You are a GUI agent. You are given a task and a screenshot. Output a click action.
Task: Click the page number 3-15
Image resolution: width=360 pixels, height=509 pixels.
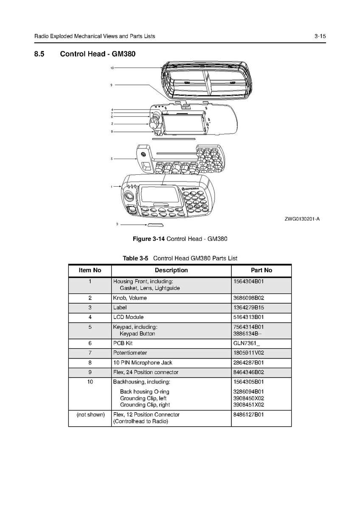pos(320,36)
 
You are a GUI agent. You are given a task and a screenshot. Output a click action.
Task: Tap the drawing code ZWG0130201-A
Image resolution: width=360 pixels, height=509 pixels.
pos(302,219)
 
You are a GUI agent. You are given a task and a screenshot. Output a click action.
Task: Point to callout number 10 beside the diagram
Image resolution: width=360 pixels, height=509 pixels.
pos(112,68)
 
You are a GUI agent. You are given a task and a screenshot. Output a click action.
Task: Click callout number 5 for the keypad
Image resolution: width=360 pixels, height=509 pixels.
pos(112,159)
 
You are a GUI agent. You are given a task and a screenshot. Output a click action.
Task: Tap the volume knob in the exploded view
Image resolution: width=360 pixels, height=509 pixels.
pos(154,123)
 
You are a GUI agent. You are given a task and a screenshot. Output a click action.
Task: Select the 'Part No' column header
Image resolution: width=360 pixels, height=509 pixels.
pos(261,270)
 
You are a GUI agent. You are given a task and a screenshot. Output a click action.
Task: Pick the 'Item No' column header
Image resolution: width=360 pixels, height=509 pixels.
pos(90,270)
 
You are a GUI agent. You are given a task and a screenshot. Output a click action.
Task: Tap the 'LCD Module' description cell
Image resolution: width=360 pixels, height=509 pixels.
pos(128,317)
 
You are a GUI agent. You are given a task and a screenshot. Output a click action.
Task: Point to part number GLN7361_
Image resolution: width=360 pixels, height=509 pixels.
pos(247,344)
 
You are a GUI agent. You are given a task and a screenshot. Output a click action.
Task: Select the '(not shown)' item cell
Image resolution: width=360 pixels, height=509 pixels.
pos(90,414)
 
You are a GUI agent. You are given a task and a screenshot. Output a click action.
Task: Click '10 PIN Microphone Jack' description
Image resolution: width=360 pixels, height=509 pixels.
pos(143,363)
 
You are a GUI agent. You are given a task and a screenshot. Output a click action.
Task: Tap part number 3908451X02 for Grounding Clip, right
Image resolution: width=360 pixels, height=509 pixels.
pos(248,405)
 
